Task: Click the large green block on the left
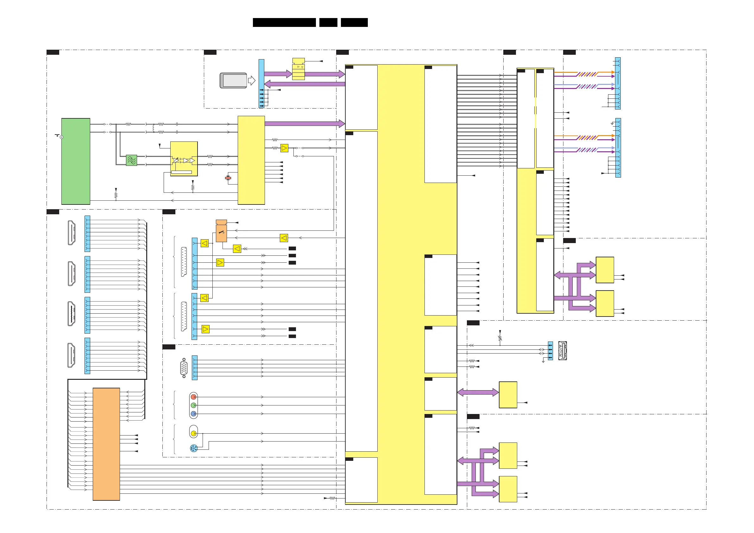[76, 161]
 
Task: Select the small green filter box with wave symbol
[131, 160]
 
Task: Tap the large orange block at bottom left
[106, 444]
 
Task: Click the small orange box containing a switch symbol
[221, 233]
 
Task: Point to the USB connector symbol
[562, 351]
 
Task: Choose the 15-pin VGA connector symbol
[184, 368]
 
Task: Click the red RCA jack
[193, 397]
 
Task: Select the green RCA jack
[193, 405]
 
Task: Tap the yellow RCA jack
[194, 434]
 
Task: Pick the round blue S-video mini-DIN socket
[193, 448]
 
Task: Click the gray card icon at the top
[234, 80]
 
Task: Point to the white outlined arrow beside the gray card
[252, 80]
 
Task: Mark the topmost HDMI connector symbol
[72, 233]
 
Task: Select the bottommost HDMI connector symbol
[71, 355]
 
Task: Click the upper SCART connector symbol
[184, 262]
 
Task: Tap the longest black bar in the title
[284, 22]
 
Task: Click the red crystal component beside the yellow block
[228, 178]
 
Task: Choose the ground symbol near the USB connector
[543, 361]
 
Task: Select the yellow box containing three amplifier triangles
[184, 159]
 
